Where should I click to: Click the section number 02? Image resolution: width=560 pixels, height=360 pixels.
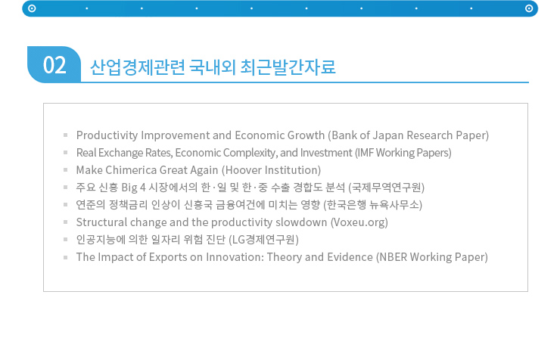54,65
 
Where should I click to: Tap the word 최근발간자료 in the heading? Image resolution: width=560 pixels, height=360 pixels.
288,67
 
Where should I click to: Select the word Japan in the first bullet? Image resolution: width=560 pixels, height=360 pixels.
388,135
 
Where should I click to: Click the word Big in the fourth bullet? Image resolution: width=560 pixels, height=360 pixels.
129,188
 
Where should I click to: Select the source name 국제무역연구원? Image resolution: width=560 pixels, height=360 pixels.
387,188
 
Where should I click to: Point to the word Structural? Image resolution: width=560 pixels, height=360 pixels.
101,222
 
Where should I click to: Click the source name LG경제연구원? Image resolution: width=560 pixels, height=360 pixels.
263,240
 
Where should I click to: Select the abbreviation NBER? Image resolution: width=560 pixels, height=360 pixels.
393,257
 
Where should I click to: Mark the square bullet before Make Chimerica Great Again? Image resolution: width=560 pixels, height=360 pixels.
65,170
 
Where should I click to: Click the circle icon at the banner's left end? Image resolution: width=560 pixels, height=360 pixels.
32,8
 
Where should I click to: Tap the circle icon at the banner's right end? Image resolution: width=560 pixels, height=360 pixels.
529,8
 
